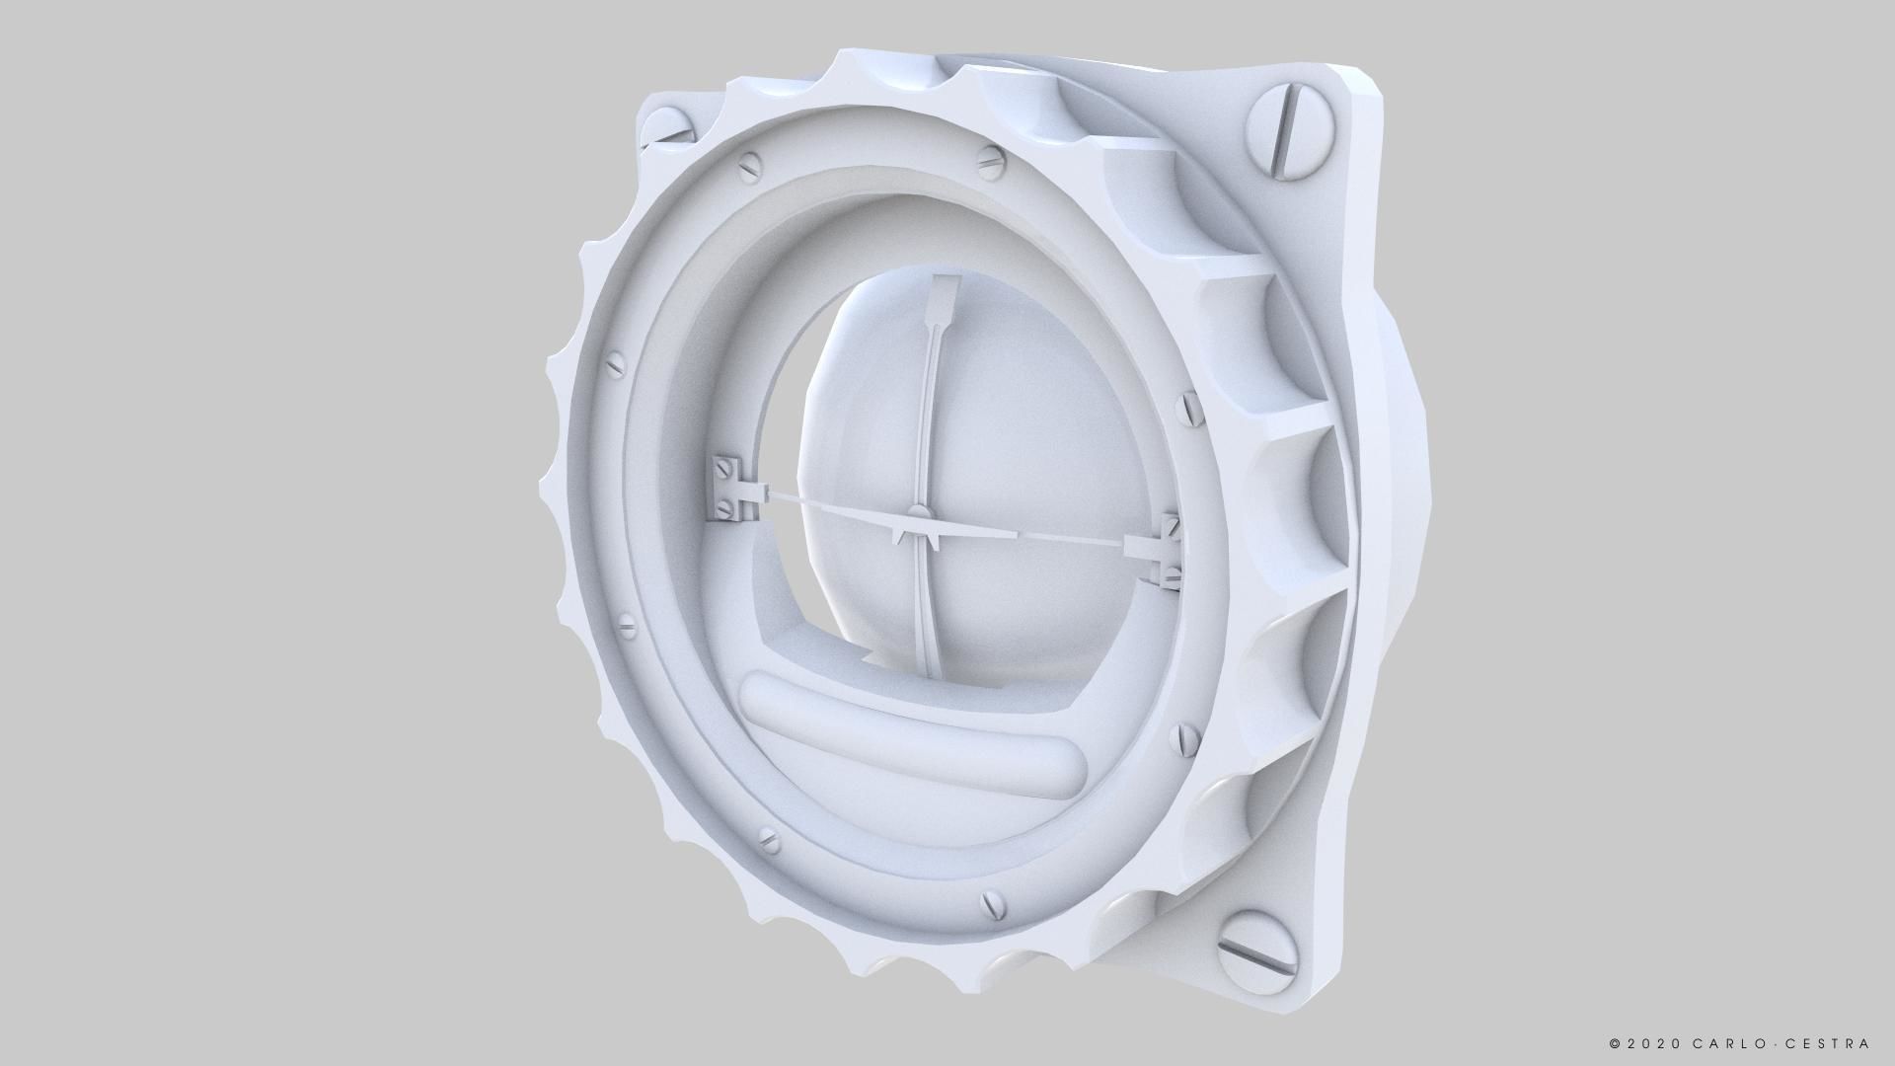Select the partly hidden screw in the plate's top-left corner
pyautogui.click(x=666, y=127)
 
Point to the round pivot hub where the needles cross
pyautogui.click(x=918, y=511)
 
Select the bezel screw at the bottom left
pyautogui.click(x=767, y=841)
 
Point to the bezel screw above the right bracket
pyautogui.click(x=1189, y=405)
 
